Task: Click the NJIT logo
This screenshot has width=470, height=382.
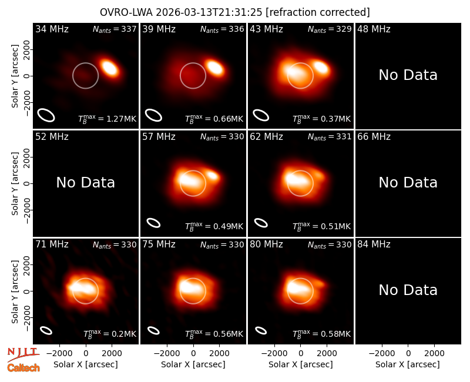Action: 23,354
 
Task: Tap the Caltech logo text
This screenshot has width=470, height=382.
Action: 23,368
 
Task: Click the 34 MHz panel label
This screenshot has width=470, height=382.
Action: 52,29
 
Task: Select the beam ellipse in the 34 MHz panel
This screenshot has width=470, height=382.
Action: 46,115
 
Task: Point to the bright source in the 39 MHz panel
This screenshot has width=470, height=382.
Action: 214,68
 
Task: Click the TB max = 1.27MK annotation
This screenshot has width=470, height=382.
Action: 107,119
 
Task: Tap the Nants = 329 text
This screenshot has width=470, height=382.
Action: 330,29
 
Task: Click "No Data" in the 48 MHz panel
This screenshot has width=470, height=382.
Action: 408,75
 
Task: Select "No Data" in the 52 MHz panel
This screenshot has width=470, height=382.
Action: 85,182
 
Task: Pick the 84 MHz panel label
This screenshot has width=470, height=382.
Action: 374,244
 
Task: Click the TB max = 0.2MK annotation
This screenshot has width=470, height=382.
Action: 110,334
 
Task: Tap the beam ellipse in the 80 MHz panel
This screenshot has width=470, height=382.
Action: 261,330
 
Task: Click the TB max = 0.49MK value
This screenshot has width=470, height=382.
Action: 214,226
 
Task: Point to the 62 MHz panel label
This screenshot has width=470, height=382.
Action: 266,137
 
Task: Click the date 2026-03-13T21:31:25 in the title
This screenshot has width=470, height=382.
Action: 209,12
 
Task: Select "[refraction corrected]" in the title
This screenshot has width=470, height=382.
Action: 318,12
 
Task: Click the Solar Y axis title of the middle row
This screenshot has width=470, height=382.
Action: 15,183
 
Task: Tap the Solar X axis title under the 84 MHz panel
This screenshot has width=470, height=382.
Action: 408,364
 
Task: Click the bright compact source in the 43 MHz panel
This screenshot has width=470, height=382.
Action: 321,68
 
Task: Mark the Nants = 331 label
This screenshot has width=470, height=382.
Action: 330,137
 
